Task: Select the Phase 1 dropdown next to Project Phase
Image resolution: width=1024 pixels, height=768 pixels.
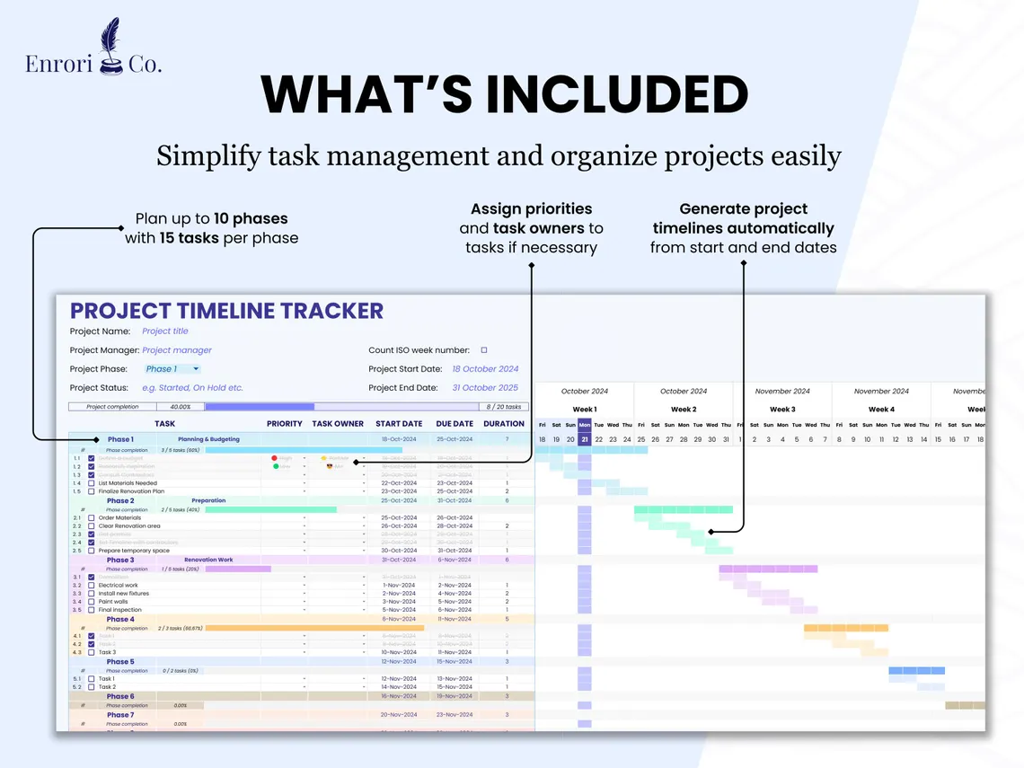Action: (x=172, y=369)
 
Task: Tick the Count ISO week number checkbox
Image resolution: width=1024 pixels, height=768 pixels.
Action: (x=484, y=350)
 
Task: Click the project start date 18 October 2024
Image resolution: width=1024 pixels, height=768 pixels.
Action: (x=485, y=369)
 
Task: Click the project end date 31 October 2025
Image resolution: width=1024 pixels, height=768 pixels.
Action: (x=485, y=388)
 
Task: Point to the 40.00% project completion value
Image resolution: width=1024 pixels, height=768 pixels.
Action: (x=180, y=407)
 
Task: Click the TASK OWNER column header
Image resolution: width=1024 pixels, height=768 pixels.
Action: (x=338, y=424)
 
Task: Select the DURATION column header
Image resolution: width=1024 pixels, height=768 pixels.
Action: (x=504, y=424)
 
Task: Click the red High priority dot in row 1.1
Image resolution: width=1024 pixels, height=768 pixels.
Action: (x=275, y=458)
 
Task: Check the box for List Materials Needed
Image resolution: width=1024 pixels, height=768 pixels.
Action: (x=92, y=483)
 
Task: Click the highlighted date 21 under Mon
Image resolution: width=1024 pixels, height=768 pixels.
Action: (x=585, y=440)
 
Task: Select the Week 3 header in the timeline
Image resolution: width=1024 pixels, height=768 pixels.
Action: (x=782, y=410)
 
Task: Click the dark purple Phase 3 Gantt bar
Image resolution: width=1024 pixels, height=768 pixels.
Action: (x=768, y=569)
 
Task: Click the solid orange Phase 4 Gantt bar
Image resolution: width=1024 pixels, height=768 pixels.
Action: (x=846, y=628)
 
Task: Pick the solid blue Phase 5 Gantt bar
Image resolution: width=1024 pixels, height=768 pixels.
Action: (x=916, y=670)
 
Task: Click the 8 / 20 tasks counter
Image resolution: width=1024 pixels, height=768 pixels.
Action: (x=504, y=407)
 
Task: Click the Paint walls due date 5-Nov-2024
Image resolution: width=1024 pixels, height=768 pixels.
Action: (x=455, y=602)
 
